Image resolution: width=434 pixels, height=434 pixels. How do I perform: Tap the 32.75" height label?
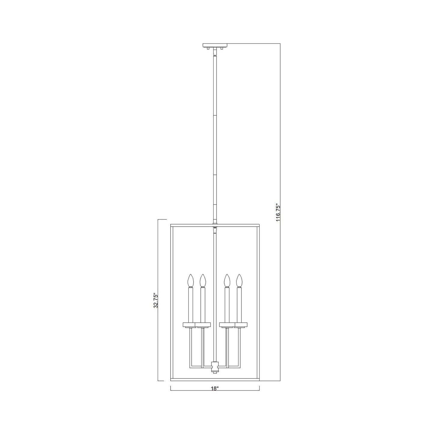point(156,300)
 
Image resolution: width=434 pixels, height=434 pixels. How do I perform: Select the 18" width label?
point(214,389)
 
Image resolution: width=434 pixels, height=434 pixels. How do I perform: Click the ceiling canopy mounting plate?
point(215,45)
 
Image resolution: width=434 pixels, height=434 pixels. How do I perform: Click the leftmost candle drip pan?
point(190,324)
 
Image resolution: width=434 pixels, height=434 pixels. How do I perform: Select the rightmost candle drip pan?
point(241,324)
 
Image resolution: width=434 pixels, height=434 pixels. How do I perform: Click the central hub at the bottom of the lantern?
point(215,366)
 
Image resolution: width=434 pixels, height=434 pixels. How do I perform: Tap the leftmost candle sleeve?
point(190,305)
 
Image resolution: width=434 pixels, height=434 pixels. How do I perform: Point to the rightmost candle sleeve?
point(239,305)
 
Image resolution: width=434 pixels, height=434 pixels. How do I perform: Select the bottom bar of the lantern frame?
point(192,381)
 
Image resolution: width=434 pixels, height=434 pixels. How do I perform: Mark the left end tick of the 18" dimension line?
point(171,388)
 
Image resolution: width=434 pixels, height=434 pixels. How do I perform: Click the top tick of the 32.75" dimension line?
point(162,220)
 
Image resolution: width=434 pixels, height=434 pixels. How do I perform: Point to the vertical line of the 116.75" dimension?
point(280,135)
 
